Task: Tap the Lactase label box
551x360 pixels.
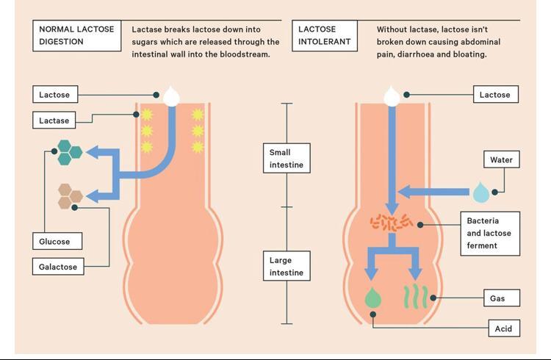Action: (x=54, y=120)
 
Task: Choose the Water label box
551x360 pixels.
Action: (x=501, y=159)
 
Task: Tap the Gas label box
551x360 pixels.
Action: (x=497, y=298)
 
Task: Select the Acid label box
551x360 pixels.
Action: (x=503, y=328)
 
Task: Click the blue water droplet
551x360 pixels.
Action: (x=480, y=192)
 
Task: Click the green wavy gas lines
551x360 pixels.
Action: (x=414, y=297)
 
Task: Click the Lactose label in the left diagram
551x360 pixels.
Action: (x=54, y=95)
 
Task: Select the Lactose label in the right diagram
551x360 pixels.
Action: (x=494, y=95)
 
